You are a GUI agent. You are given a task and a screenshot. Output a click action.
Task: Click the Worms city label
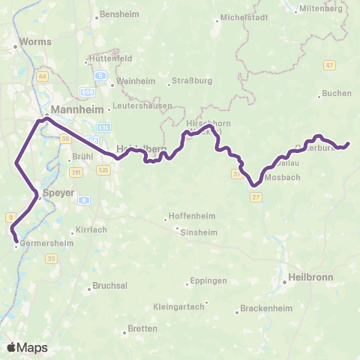click(37, 42)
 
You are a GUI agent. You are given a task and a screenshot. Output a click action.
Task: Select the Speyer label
click(58, 193)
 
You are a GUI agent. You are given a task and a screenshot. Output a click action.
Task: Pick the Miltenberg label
click(319, 8)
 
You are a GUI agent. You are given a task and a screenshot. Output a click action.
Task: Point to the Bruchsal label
click(109, 286)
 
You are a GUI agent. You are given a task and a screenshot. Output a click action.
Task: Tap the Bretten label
click(142, 328)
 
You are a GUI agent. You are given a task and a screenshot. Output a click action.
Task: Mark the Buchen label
click(331, 94)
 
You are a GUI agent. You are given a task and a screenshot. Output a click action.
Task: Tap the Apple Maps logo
click(27, 348)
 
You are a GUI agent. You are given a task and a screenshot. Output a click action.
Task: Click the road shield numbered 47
click(329, 65)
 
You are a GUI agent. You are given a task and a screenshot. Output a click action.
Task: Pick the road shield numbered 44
click(42, 76)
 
